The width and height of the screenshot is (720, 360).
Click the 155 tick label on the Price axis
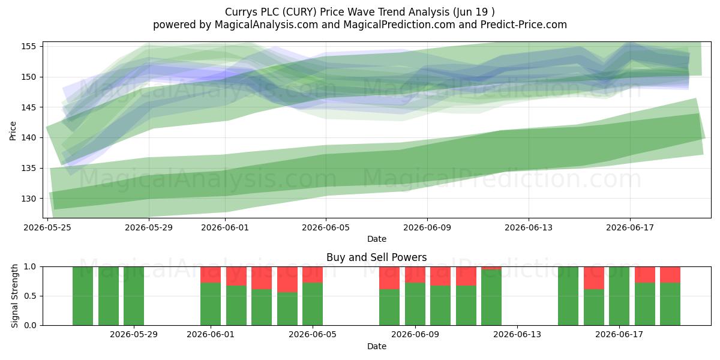point(28,46)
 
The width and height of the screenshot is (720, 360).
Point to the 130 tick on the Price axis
point(28,199)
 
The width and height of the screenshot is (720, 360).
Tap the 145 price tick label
point(28,107)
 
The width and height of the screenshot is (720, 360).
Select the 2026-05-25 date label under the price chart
point(47,227)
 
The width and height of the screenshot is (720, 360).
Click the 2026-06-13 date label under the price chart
point(529,227)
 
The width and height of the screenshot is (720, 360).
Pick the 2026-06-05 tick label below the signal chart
point(313,334)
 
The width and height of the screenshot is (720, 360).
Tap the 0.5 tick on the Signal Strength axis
point(30,296)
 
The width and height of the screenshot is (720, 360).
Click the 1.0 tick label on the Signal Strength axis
point(30,267)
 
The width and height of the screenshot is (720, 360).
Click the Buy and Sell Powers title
point(376,257)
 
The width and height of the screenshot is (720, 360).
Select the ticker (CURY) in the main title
point(299,12)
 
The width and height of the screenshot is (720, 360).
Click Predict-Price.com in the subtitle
point(524,25)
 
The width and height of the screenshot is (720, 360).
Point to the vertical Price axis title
point(13,131)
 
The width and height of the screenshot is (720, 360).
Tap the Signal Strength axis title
point(14,296)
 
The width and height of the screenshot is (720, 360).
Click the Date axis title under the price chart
point(377,239)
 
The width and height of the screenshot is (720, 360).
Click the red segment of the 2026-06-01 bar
point(211,275)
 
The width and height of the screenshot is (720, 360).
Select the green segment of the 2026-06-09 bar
point(415,304)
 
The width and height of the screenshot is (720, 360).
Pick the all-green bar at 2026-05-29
point(134,296)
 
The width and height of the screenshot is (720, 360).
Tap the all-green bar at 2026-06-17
point(619,296)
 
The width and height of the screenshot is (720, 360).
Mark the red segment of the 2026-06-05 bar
point(313,275)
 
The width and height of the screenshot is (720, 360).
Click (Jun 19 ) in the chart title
point(474,12)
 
